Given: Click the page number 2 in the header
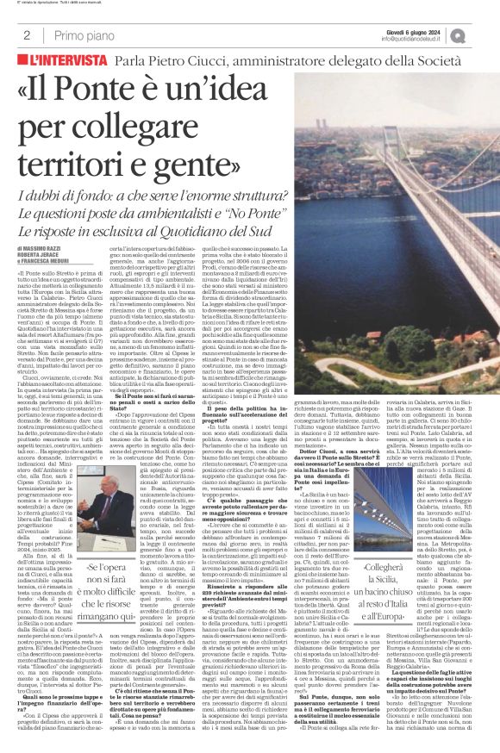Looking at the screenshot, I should point(27,35).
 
